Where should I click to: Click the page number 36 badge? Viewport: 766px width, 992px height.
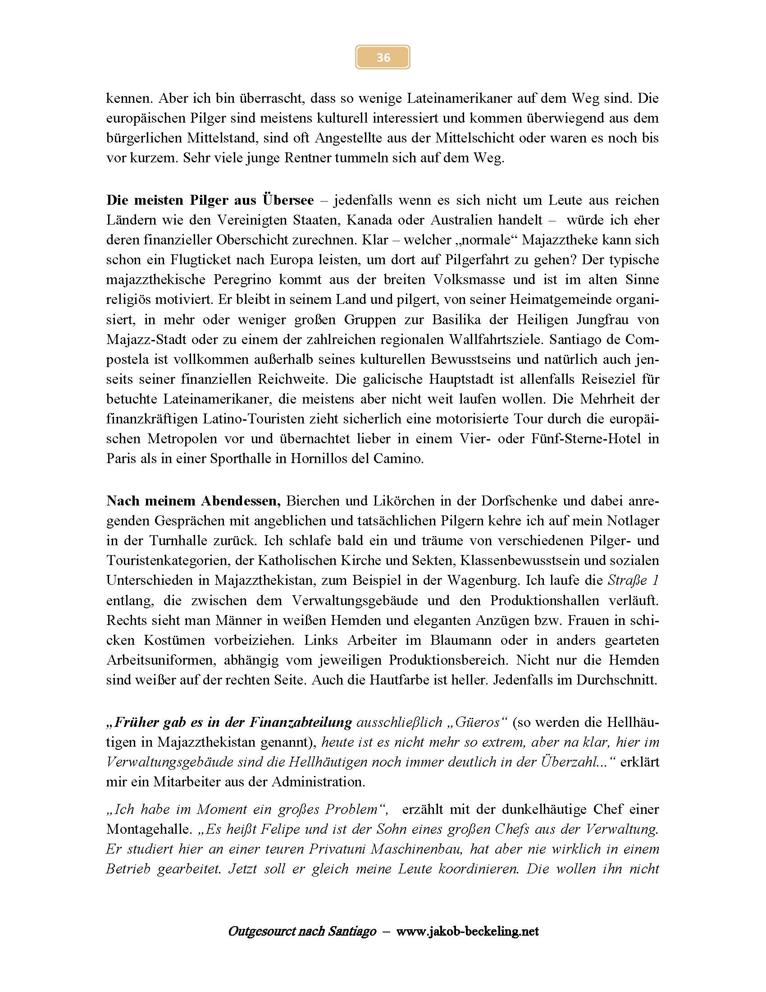click(x=383, y=57)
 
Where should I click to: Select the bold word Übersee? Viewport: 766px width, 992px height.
click(x=288, y=200)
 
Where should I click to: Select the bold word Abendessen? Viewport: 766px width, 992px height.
click(x=241, y=501)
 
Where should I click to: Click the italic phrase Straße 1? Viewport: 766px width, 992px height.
click(x=633, y=580)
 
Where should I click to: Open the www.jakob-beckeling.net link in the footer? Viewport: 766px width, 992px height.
click(x=467, y=932)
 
